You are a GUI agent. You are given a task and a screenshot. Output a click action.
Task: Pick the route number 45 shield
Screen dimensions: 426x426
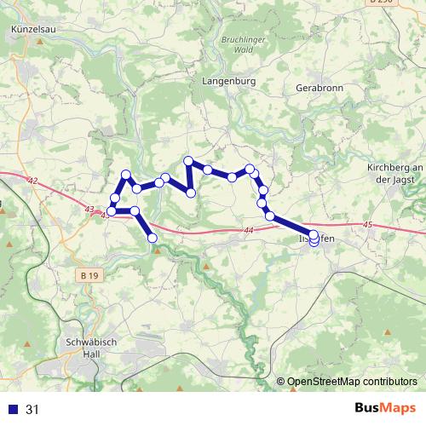[x=366, y=225]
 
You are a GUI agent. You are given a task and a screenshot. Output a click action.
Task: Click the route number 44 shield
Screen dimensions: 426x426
[x=248, y=230]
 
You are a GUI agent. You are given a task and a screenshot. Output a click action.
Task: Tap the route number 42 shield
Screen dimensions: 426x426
[x=32, y=181]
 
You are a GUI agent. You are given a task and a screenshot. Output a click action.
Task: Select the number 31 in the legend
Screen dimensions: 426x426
[x=32, y=410]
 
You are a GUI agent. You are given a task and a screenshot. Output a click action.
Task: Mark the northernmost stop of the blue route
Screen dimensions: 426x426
[x=189, y=160]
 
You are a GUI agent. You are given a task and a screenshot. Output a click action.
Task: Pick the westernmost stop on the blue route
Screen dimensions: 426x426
[x=112, y=210]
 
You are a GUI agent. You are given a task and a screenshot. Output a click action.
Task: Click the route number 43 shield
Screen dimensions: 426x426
[x=89, y=210]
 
